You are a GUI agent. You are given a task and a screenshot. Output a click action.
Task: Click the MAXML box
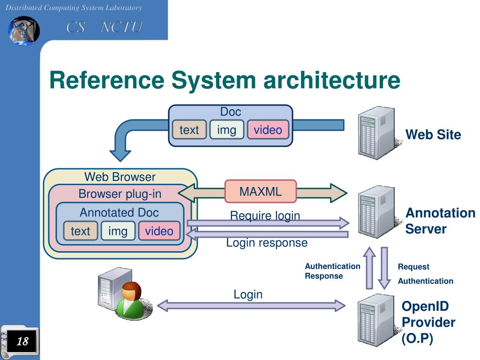point(261,191)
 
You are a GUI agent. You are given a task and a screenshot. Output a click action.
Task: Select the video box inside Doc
point(268,129)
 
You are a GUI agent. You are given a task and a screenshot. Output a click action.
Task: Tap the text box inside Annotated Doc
point(81,231)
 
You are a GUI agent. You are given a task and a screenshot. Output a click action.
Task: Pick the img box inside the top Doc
point(226,129)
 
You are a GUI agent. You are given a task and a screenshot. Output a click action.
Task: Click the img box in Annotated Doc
point(118,231)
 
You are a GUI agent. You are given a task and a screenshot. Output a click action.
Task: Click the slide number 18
point(22,341)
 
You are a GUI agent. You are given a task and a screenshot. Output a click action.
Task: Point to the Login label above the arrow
point(248,294)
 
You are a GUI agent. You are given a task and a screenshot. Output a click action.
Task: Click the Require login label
point(265,216)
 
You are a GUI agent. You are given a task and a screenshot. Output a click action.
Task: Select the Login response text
point(267,242)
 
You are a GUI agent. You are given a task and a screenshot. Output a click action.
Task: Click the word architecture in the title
point(332,80)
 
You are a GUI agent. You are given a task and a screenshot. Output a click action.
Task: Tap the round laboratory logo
point(23,31)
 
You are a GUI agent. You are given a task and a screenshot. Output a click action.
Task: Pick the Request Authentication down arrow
point(384,268)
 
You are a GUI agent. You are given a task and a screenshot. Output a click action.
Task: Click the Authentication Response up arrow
point(369,268)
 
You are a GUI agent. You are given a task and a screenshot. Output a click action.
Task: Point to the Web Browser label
point(120,177)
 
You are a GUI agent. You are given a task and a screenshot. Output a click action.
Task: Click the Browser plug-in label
point(120,194)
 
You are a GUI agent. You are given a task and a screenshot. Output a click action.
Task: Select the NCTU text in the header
point(121,27)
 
